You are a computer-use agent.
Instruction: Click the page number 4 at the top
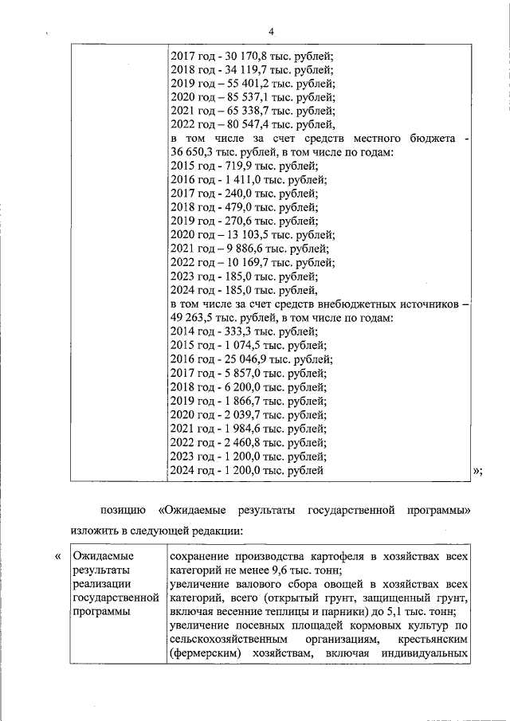click(271, 31)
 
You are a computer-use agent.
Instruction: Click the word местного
click(364, 139)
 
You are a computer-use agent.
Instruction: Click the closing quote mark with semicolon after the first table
click(477, 471)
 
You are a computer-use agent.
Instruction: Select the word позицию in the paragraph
click(123, 509)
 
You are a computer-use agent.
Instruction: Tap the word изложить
click(96, 531)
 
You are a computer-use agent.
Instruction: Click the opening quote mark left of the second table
click(57, 555)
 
